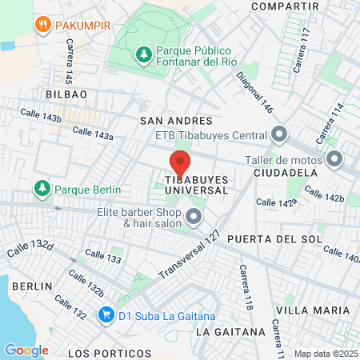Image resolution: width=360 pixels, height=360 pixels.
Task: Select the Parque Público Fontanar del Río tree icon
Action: click(x=142, y=54)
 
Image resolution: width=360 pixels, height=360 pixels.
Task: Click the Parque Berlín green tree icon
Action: click(x=41, y=189)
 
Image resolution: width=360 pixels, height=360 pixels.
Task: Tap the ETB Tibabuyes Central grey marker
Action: click(x=279, y=134)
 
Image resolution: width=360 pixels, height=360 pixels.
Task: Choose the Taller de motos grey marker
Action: click(x=334, y=158)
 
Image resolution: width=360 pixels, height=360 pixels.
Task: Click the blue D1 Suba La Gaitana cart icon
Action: click(x=105, y=314)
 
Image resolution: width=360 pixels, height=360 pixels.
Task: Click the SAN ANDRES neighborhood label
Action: click(x=167, y=121)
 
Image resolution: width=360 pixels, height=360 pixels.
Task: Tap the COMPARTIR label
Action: click(x=279, y=6)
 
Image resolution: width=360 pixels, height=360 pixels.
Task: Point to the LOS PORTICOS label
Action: click(x=110, y=353)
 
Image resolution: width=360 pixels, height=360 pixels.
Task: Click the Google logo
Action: click(x=26, y=350)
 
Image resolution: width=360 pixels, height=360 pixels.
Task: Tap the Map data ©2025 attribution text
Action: click(x=323, y=354)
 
